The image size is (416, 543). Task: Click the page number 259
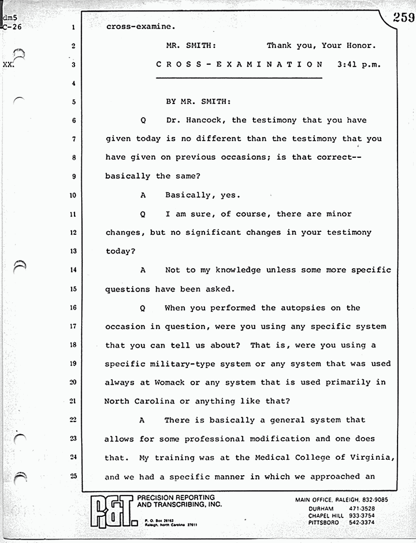(x=403, y=18)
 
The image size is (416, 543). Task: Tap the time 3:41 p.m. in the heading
(x=360, y=64)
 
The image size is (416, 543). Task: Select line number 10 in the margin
(x=73, y=196)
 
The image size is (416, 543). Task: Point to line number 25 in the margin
(x=73, y=476)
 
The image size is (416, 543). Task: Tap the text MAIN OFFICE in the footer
(x=315, y=499)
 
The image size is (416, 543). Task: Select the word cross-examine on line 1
(x=137, y=27)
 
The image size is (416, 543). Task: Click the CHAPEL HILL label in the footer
(x=326, y=516)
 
